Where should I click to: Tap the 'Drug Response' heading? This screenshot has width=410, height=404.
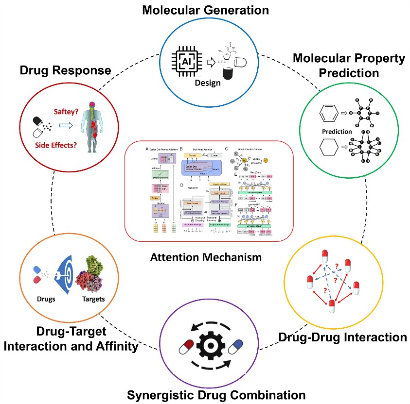65,70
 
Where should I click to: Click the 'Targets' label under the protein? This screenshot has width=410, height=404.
92,299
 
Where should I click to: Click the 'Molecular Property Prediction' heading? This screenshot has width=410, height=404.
349,66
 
